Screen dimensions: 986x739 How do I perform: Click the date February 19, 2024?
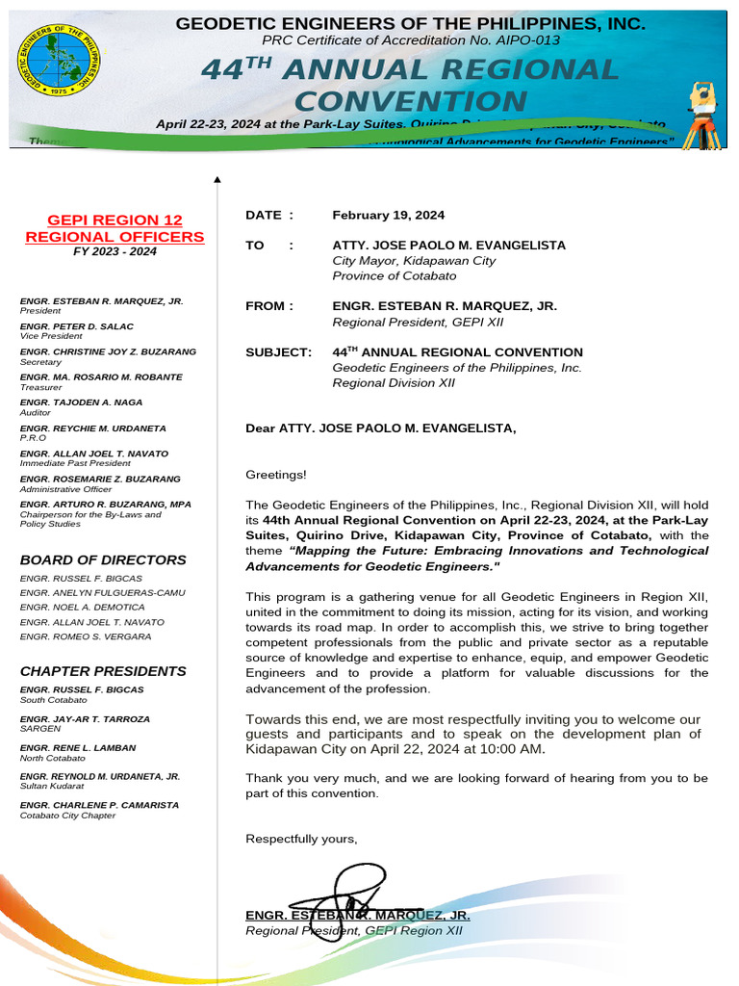click(x=389, y=216)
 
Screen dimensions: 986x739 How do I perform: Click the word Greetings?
click(x=276, y=474)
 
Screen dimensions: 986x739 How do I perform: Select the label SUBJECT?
click(x=278, y=352)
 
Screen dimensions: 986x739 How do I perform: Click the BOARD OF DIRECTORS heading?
click(x=103, y=559)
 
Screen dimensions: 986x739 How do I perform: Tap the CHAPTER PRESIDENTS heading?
click(x=103, y=671)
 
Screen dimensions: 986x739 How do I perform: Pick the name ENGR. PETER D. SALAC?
click(x=77, y=326)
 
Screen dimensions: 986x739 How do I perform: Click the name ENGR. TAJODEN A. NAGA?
click(x=81, y=402)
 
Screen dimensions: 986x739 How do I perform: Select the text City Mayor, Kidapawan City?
click(x=414, y=261)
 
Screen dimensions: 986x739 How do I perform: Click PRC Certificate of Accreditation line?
click(x=410, y=39)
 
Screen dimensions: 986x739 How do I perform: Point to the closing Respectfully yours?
click(x=301, y=839)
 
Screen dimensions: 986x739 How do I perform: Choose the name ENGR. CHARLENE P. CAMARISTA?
click(x=99, y=805)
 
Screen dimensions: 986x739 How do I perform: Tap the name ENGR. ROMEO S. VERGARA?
click(x=82, y=636)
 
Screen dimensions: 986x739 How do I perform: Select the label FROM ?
click(x=268, y=306)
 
